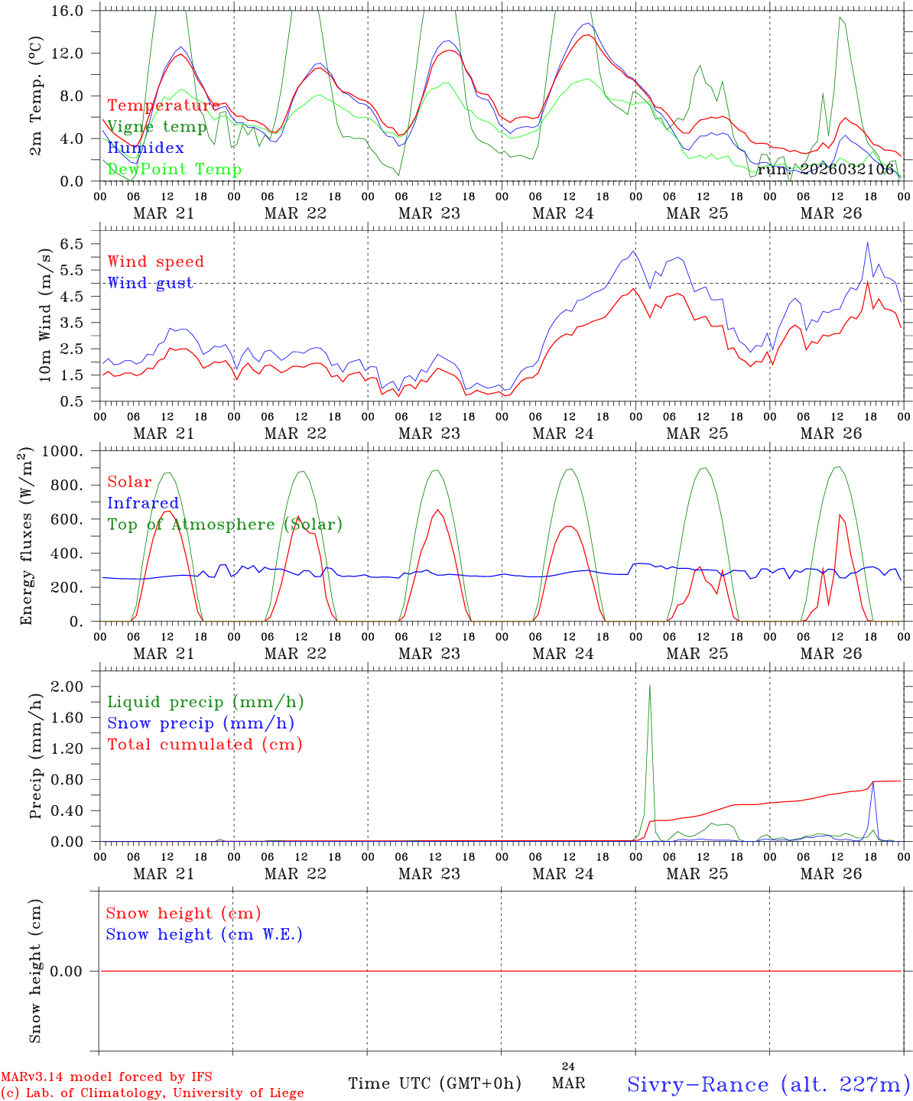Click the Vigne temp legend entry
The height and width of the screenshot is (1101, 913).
[x=157, y=127]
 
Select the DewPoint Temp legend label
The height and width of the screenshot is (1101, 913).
[x=174, y=169]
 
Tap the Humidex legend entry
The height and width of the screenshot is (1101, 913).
[x=145, y=148]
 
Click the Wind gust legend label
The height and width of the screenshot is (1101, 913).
[x=150, y=283]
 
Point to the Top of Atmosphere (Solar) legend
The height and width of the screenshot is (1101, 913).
[x=225, y=525]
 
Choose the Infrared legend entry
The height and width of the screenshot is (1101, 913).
[x=143, y=503]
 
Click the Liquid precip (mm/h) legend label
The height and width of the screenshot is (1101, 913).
[x=205, y=702]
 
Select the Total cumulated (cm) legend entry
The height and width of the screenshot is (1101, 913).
[x=205, y=744]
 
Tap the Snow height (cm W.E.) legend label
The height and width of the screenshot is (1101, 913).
[x=204, y=934]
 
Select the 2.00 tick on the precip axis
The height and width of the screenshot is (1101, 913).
[x=67, y=687]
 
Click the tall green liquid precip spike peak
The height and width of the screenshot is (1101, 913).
[x=649, y=685]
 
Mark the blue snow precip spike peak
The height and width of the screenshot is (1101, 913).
[x=873, y=783]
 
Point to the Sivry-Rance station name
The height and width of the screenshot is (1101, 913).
[x=768, y=1084]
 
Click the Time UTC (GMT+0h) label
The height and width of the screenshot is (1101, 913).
[x=434, y=1083]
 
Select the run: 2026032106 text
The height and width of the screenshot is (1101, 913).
[x=826, y=169]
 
